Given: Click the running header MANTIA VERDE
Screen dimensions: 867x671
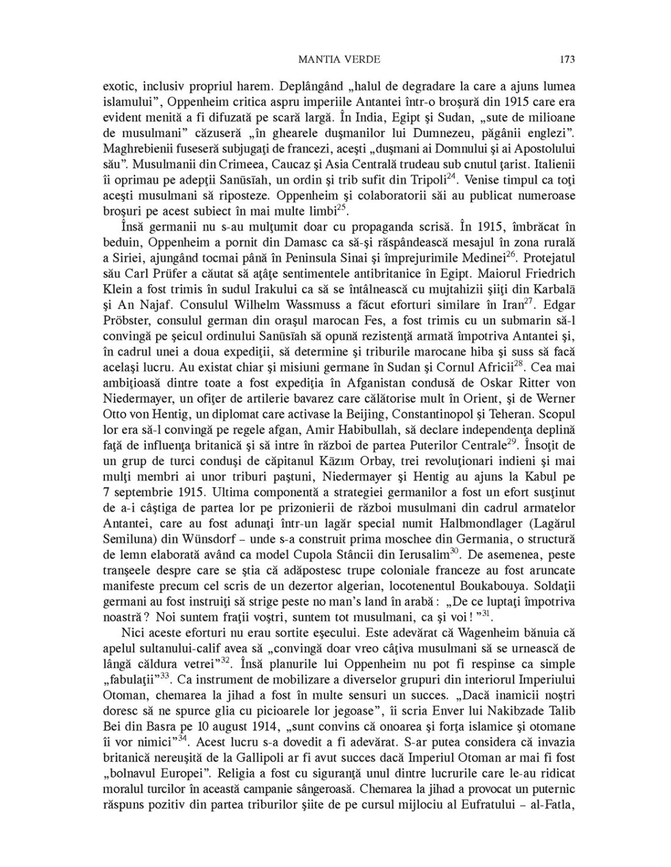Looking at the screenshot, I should pyautogui.click(x=340, y=59).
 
